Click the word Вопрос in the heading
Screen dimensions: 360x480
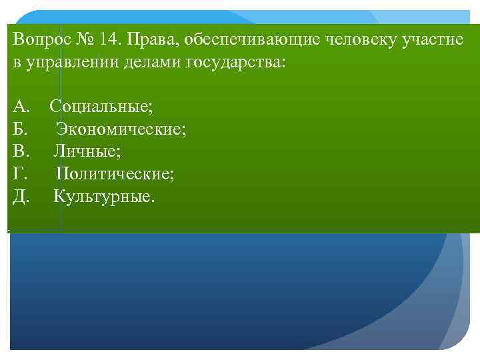click(x=38, y=39)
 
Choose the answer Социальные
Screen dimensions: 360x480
click(x=101, y=106)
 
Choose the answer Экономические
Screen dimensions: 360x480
click(x=121, y=129)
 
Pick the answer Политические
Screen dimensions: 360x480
click(x=115, y=174)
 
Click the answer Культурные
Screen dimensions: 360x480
click(x=103, y=197)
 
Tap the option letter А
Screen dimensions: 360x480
click(x=21, y=106)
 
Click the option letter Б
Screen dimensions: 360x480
click(x=20, y=129)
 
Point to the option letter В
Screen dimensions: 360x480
click(x=20, y=151)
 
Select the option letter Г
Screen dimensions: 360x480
click(x=19, y=174)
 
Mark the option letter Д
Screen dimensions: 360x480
click(x=21, y=197)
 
